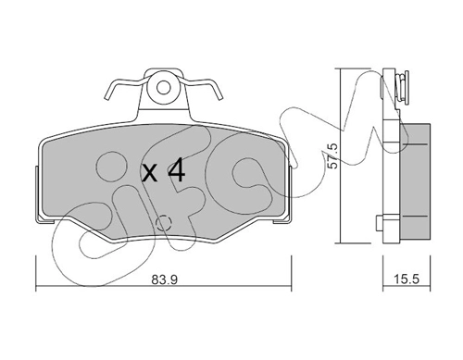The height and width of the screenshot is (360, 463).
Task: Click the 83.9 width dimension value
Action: coord(165,280)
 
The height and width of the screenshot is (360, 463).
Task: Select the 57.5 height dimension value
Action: coord(333,155)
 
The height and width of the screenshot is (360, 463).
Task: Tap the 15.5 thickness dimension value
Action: coord(407,279)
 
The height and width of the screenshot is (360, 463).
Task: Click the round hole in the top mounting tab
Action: coord(163,88)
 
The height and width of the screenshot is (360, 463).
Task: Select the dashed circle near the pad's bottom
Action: coord(164,223)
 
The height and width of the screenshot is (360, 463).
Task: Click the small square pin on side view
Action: coord(380,223)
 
